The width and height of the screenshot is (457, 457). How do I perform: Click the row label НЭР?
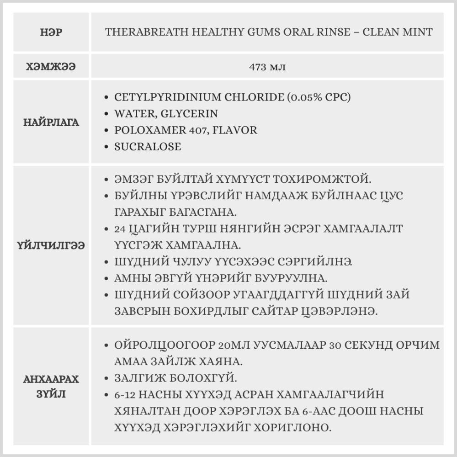pos(51,32)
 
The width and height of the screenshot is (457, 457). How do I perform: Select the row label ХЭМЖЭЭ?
pos(51,66)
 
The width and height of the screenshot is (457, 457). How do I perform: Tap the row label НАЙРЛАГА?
pos(51,122)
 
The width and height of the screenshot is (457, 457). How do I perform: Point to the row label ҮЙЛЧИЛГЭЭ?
pos(51,245)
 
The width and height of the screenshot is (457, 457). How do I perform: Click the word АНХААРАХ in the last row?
pos(51,379)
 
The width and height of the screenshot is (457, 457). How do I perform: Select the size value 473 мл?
pos(267,67)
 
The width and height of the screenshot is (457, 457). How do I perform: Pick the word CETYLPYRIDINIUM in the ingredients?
pos(168,97)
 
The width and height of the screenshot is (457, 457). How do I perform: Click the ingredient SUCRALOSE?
pos(147,147)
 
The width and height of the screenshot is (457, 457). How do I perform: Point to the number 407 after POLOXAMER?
pos(196,130)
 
